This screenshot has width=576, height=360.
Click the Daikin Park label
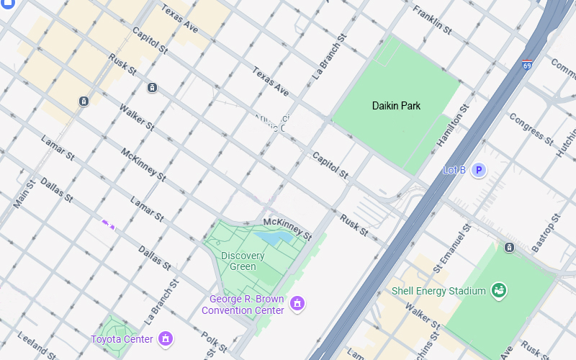point(396,106)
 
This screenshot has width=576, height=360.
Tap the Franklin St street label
point(432,21)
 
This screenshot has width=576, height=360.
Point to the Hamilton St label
point(453,127)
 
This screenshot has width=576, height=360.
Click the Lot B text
point(454,171)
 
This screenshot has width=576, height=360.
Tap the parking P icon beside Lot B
point(478,171)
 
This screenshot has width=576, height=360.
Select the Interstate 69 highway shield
point(528,65)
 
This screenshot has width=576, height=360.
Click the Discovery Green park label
point(243,261)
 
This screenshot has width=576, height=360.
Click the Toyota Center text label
point(122,339)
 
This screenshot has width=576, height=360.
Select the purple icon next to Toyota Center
point(166,338)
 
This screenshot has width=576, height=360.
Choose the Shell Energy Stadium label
point(438,291)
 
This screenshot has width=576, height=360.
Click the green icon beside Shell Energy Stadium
point(498,291)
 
